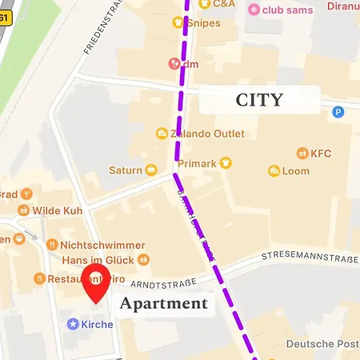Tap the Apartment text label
(x=164, y=304)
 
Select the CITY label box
(x=258, y=100)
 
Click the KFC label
(x=320, y=152)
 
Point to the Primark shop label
(x=198, y=163)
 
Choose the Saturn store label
(x=126, y=170)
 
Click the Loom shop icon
(x=274, y=170)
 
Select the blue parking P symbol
(x=338, y=113)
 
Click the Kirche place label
(x=97, y=324)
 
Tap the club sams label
(x=286, y=9)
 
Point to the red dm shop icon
(x=174, y=63)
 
